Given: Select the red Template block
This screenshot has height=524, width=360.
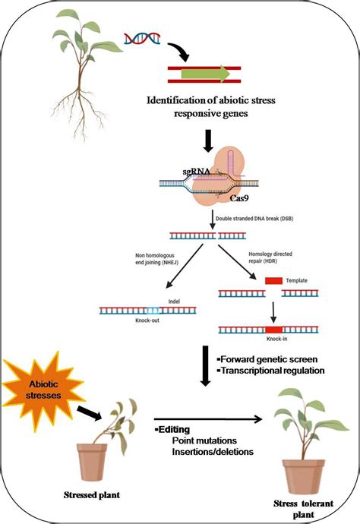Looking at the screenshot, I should coord(273,281).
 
